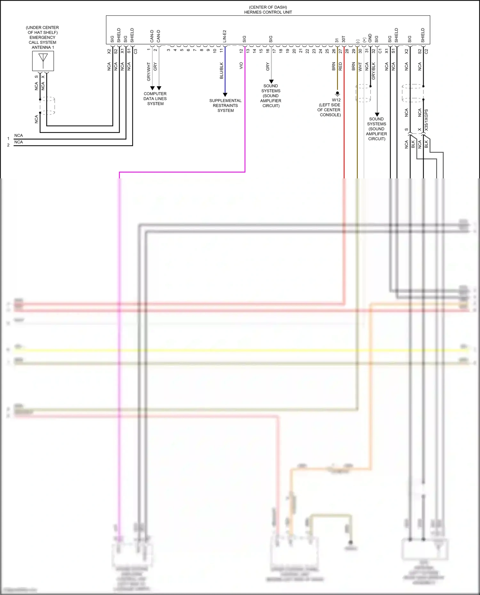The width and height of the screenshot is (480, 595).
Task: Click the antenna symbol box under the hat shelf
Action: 43,61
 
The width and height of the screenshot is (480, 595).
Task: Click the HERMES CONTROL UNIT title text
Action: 268,12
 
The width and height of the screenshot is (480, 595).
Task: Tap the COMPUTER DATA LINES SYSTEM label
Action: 155,98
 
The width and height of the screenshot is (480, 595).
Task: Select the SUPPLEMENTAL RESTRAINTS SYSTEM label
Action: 225,106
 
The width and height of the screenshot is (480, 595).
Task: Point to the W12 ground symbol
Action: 337,94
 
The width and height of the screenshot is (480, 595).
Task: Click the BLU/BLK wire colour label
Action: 221,71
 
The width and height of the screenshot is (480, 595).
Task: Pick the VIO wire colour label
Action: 241,66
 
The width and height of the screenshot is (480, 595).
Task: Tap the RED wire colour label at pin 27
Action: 340,66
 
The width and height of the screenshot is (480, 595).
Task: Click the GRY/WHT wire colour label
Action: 149,71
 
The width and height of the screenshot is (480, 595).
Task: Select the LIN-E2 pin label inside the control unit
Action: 225,36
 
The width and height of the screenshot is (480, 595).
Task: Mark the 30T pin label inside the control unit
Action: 344,39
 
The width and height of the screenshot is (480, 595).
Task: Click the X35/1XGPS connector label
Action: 426,120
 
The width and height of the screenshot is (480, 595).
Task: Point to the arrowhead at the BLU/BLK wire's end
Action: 225,95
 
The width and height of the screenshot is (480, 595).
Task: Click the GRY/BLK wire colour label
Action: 373,71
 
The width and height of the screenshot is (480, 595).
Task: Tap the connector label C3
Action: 136,51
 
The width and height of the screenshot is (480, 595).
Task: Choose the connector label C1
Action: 380,51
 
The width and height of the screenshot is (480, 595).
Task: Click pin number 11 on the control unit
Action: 221,51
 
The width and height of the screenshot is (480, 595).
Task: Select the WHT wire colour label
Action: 360,67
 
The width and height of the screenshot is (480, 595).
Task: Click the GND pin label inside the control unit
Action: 370,38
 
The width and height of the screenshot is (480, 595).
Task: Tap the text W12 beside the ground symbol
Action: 336,100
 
